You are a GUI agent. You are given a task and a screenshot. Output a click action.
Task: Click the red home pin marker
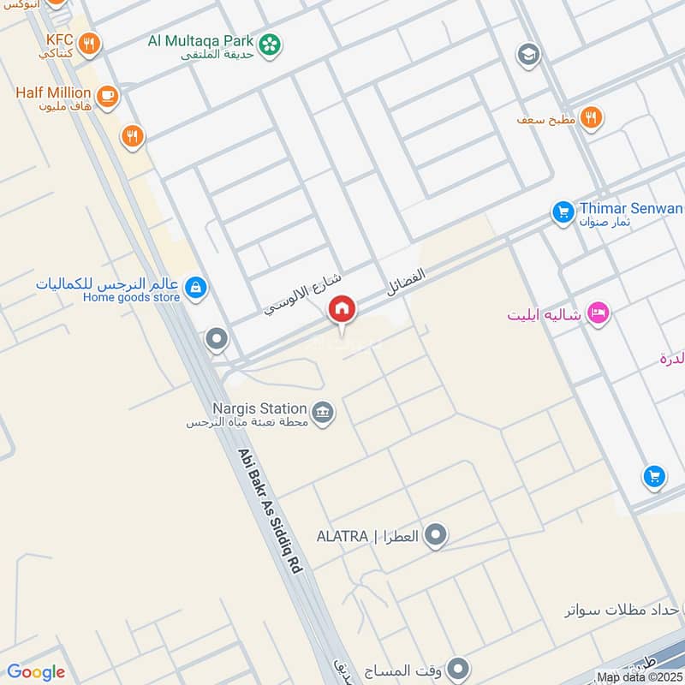point(342,309)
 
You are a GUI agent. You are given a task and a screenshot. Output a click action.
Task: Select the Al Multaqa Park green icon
point(271,42)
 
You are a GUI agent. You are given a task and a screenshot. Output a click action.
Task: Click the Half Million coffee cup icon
point(107,97)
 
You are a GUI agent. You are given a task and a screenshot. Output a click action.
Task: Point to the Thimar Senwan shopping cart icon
point(563,210)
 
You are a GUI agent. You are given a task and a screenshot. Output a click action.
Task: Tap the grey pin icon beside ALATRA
point(437,536)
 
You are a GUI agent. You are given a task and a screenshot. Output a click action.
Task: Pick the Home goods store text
point(132,297)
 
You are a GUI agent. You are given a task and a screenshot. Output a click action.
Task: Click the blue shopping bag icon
point(196,289)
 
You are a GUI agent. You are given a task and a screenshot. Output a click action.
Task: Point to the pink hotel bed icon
point(599,313)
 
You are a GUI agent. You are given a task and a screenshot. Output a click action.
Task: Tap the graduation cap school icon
point(528,56)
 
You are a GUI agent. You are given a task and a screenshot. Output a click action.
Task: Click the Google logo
point(36,672)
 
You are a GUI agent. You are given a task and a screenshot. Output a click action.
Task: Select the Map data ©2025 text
point(640,677)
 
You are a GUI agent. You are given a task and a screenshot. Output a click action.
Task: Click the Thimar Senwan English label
point(631,208)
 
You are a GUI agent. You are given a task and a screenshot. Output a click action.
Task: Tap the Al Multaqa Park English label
point(201,40)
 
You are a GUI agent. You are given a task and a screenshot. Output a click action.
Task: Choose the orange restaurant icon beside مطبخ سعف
point(590,118)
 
